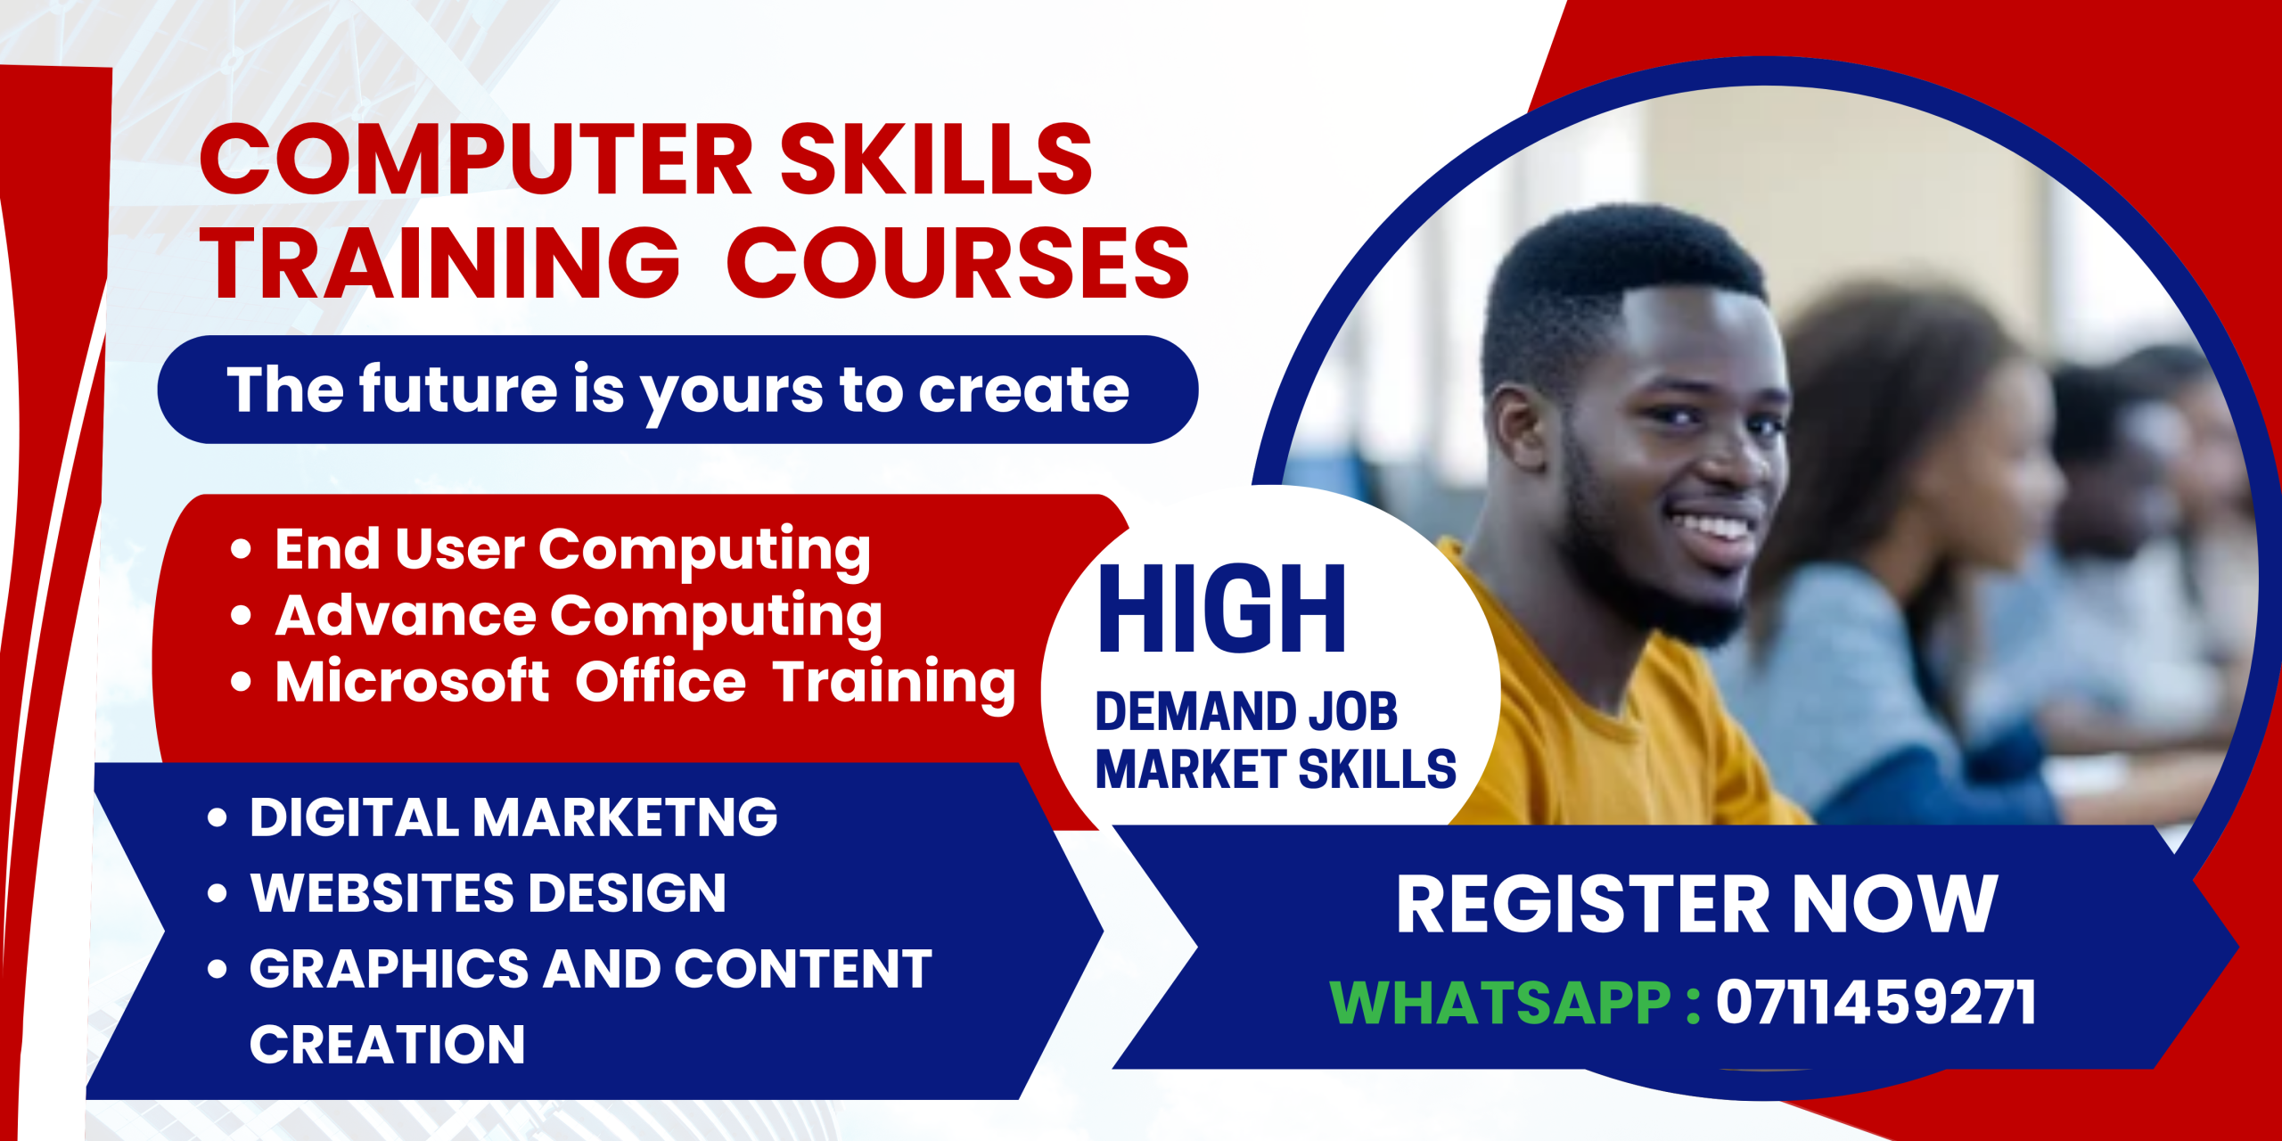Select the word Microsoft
412,681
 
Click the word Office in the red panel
661,681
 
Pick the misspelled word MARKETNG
624,817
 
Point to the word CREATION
387,1045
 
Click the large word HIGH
1221,610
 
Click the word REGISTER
1582,905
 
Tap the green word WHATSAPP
1499,1003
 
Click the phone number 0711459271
1876,1003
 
